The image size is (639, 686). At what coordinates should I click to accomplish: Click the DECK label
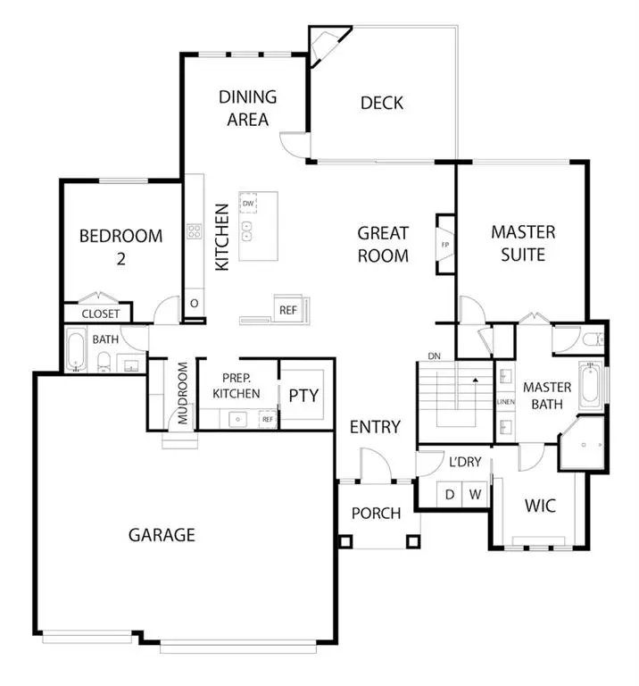[x=381, y=103]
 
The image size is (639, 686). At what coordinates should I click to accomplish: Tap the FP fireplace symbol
[x=444, y=244]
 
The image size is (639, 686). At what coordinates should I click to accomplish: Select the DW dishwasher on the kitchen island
[x=249, y=205]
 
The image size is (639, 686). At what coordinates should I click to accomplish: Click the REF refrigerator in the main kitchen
[x=287, y=310]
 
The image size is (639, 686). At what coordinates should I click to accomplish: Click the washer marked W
[x=476, y=494]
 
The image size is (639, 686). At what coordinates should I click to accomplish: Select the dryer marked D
[x=451, y=494]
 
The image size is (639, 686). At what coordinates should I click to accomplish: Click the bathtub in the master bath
[x=590, y=385]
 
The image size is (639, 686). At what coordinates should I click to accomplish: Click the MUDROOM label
[x=182, y=394]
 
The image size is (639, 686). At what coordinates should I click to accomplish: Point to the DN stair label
[x=435, y=356]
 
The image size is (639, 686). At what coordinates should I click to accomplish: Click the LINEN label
[x=505, y=402]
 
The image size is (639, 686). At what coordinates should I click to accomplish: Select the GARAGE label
[x=162, y=535]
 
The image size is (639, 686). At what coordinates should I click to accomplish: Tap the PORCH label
[x=376, y=514]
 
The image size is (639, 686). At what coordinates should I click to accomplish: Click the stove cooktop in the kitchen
[x=194, y=231]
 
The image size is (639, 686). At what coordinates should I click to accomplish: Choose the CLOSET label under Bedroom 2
[x=100, y=314]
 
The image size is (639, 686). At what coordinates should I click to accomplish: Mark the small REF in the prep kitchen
[x=267, y=418]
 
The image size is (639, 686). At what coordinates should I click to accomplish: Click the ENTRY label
[x=375, y=427]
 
